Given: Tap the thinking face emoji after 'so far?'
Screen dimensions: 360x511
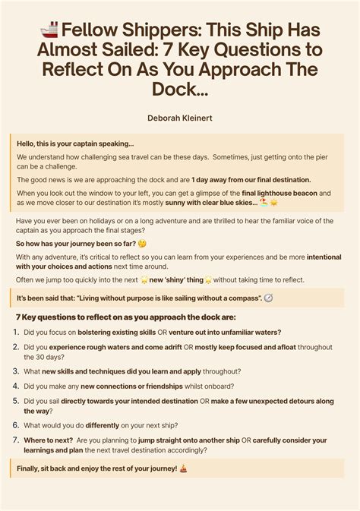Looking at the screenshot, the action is (x=141, y=244).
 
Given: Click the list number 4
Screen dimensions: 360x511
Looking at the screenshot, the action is (x=16, y=386).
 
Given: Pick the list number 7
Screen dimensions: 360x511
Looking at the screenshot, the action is (x=16, y=440).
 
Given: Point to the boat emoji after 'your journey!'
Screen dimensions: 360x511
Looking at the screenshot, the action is (x=184, y=468).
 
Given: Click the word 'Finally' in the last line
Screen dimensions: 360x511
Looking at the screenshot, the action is (x=30, y=468).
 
